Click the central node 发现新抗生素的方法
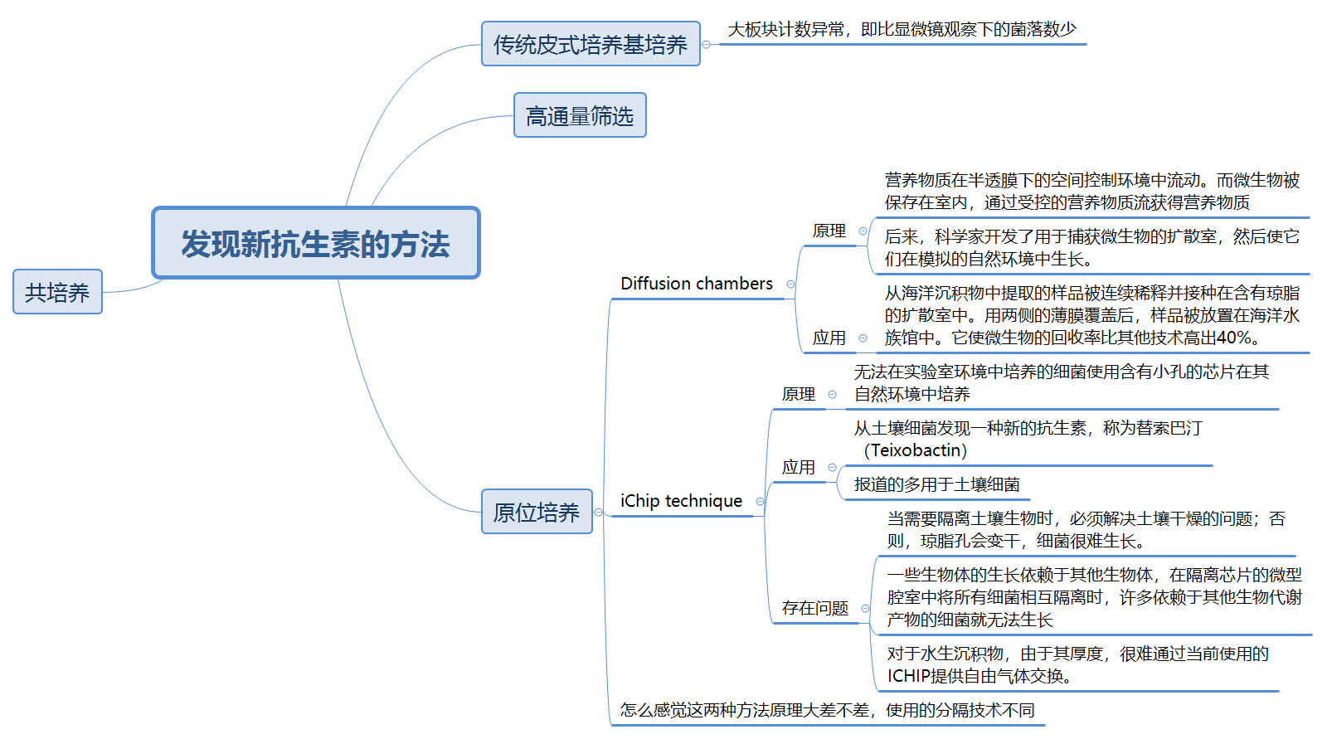pyautogui.click(x=315, y=243)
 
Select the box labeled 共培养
pyautogui.click(x=57, y=292)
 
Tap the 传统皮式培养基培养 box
pyautogui.click(x=590, y=44)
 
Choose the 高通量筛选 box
pyautogui.click(x=579, y=115)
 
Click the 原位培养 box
pyautogui.click(x=536, y=512)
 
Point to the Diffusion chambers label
pyautogui.click(x=696, y=284)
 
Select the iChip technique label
pyautogui.click(x=681, y=501)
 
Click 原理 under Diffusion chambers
pyautogui.click(x=829, y=231)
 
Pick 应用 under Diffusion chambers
pyautogui.click(x=829, y=338)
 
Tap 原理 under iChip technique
pyautogui.click(x=798, y=394)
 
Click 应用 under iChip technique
pyautogui.click(x=798, y=467)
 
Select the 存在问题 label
pyautogui.click(x=814, y=608)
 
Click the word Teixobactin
pyautogui.click(x=916, y=450)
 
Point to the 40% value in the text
pyautogui.click(x=1234, y=338)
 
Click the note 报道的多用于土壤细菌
pyautogui.click(x=936, y=484)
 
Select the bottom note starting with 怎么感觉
pyautogui.click(x=827, y=710)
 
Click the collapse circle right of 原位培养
pyautogui.click(x=598, y=512)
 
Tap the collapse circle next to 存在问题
pyautogui.click(x=865, y=608)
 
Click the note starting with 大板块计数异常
pyautogui.click(x=902, y=30)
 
